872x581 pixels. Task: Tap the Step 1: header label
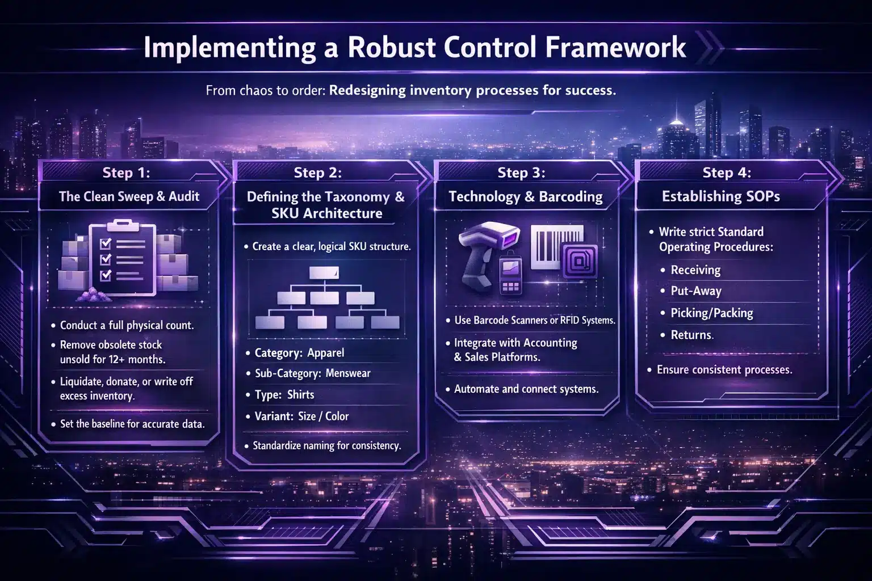[126, 172]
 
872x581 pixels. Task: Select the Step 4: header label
[727, 172]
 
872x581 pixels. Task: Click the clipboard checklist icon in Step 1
[122, 258]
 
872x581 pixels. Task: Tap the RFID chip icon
[580, 261]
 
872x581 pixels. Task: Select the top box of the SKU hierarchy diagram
[324, 273]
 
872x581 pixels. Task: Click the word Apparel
[326, 353]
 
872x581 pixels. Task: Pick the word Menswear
[348, 373]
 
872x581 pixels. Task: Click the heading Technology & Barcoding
[526, 196]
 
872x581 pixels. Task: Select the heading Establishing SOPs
[721, 196]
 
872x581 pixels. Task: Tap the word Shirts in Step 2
[300, 394]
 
